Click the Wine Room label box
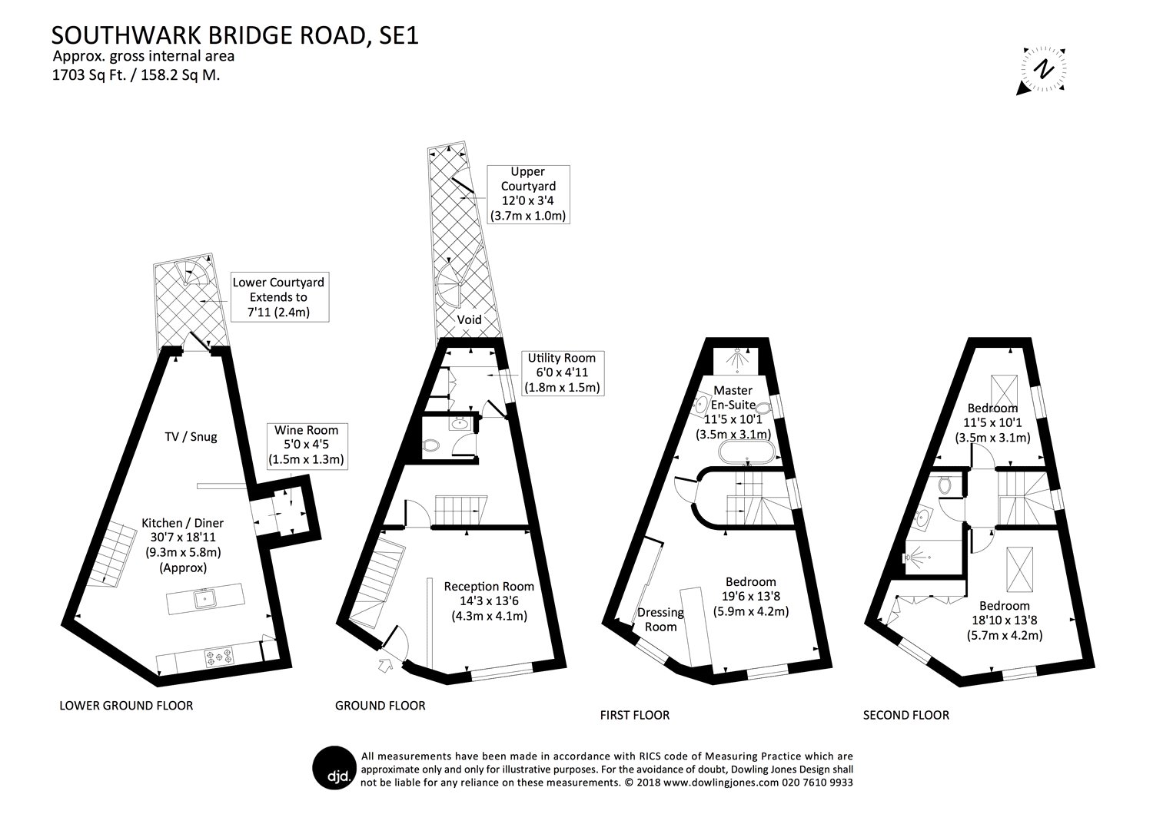click(307, 445)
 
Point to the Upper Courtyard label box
click(528, 194)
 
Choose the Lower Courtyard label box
click(280, 297)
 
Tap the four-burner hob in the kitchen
click(219, 657)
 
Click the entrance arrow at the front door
click(386, 665)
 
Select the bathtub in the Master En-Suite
click(746, 452)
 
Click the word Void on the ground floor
click(470, 319)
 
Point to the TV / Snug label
click(191, 437)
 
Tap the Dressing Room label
click(660, 620)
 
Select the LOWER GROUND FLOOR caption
click(126, 706)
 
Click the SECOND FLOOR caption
click(906, 715)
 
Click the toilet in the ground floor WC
click(430, 445)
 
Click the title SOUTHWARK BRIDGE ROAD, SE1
click(235, 35)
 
